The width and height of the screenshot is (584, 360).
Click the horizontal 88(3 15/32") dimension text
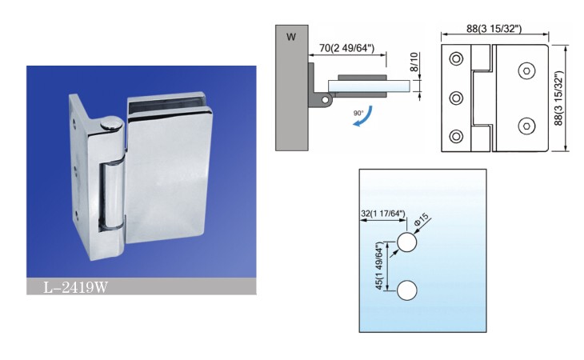[x=494, y=30]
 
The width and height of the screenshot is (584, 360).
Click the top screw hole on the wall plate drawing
[x=457, y=60]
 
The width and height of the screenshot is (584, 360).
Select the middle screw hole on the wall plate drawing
[x=457, y=98]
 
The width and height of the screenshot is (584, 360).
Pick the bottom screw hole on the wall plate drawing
[x=457, y=137]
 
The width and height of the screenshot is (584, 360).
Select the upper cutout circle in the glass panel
[x=407, y=242]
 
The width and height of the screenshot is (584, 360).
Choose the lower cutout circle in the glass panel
[x=407, y=290]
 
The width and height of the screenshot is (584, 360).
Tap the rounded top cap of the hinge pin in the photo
[x=111, y=126]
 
